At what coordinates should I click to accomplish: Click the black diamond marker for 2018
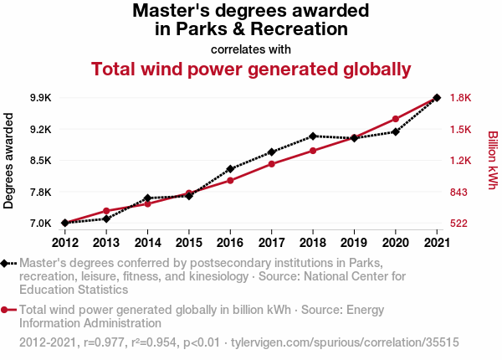tap(312, 136)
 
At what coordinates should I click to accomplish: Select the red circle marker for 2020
tap(395, 119)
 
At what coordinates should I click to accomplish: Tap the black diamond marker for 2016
tap(230, 169)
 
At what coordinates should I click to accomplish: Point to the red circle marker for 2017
tap(271, 163)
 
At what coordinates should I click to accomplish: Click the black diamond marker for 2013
tap(106, 219)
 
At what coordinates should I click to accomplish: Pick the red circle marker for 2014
tap(147, 203)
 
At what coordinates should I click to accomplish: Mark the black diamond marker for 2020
tap(395, 131)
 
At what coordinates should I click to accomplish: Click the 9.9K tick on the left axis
tap(39, 98)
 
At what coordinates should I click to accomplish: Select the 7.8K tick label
tap(39, 193)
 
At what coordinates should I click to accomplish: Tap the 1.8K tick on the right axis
tap(461, 98)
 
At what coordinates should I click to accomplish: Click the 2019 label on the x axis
tap(354, 243)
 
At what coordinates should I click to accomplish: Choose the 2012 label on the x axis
tap(65, 243)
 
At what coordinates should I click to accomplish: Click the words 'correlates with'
tap(251, 49)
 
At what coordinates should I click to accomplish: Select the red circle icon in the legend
tap(6, 310)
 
